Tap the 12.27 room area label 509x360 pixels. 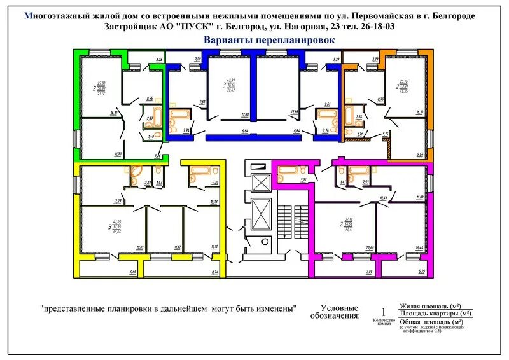[117, 201]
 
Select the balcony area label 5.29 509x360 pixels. [421, 272]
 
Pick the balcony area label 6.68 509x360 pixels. [132, 272]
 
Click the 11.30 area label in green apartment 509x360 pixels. [117, 154]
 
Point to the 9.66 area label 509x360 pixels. [419, 154]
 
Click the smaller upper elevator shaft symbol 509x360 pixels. [261, 182]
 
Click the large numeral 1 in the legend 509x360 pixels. [383, 312]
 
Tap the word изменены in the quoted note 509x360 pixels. [274, 308]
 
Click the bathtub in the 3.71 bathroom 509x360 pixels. [288, 170]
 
